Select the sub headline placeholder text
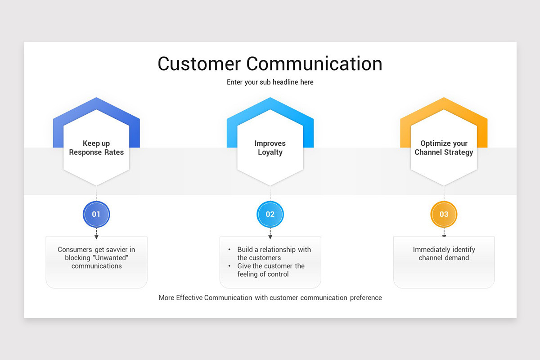pyautogui.click(x=270, y=82)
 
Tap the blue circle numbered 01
pyautogui.click(x=96, y=214)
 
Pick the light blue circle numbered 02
pyautogui.click(x=270, y=214)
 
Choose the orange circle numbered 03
pyautogui.click(x=444, y=214)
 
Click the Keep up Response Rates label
pyautogui.click(x=96, y=148)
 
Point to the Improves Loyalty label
pyautogui.click(x=270, y=148)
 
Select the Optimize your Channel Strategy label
pyautogui.click(x=444, y=148)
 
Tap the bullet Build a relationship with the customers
pyautogui.click(x=274, y=254)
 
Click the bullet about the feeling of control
pyautogui.click(x=270, y=270)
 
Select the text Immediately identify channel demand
pyautogui.click(x=444, y=254)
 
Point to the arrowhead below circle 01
pyautogui.click(x=96, y=237)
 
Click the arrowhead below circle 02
pyautogui.click(x=270, y=237)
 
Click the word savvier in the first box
pyautogui.click(x=117, y=250)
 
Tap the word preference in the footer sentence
pyautogui.click(x=365, y=297)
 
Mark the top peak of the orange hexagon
pyautogui.click(x=444, y=98)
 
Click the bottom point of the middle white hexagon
pyautogui.click(x=270, y=185)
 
